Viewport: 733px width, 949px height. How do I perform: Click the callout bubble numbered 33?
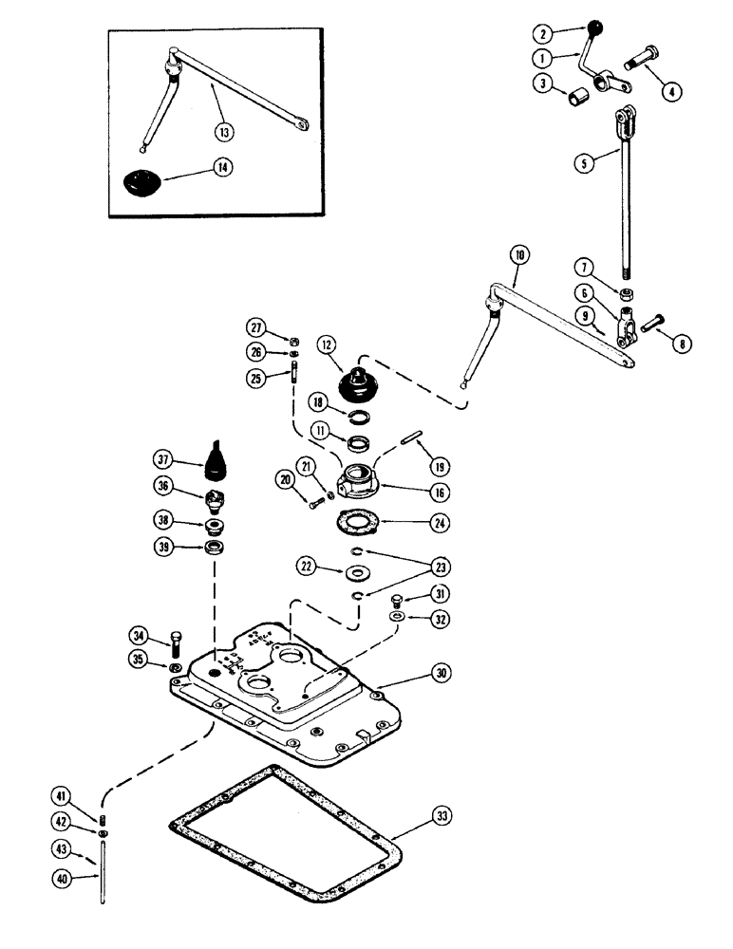tap(442, 815)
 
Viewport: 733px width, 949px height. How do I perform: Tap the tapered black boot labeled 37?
tap(214, 457)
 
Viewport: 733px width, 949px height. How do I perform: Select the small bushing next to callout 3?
tap(575, 99)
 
